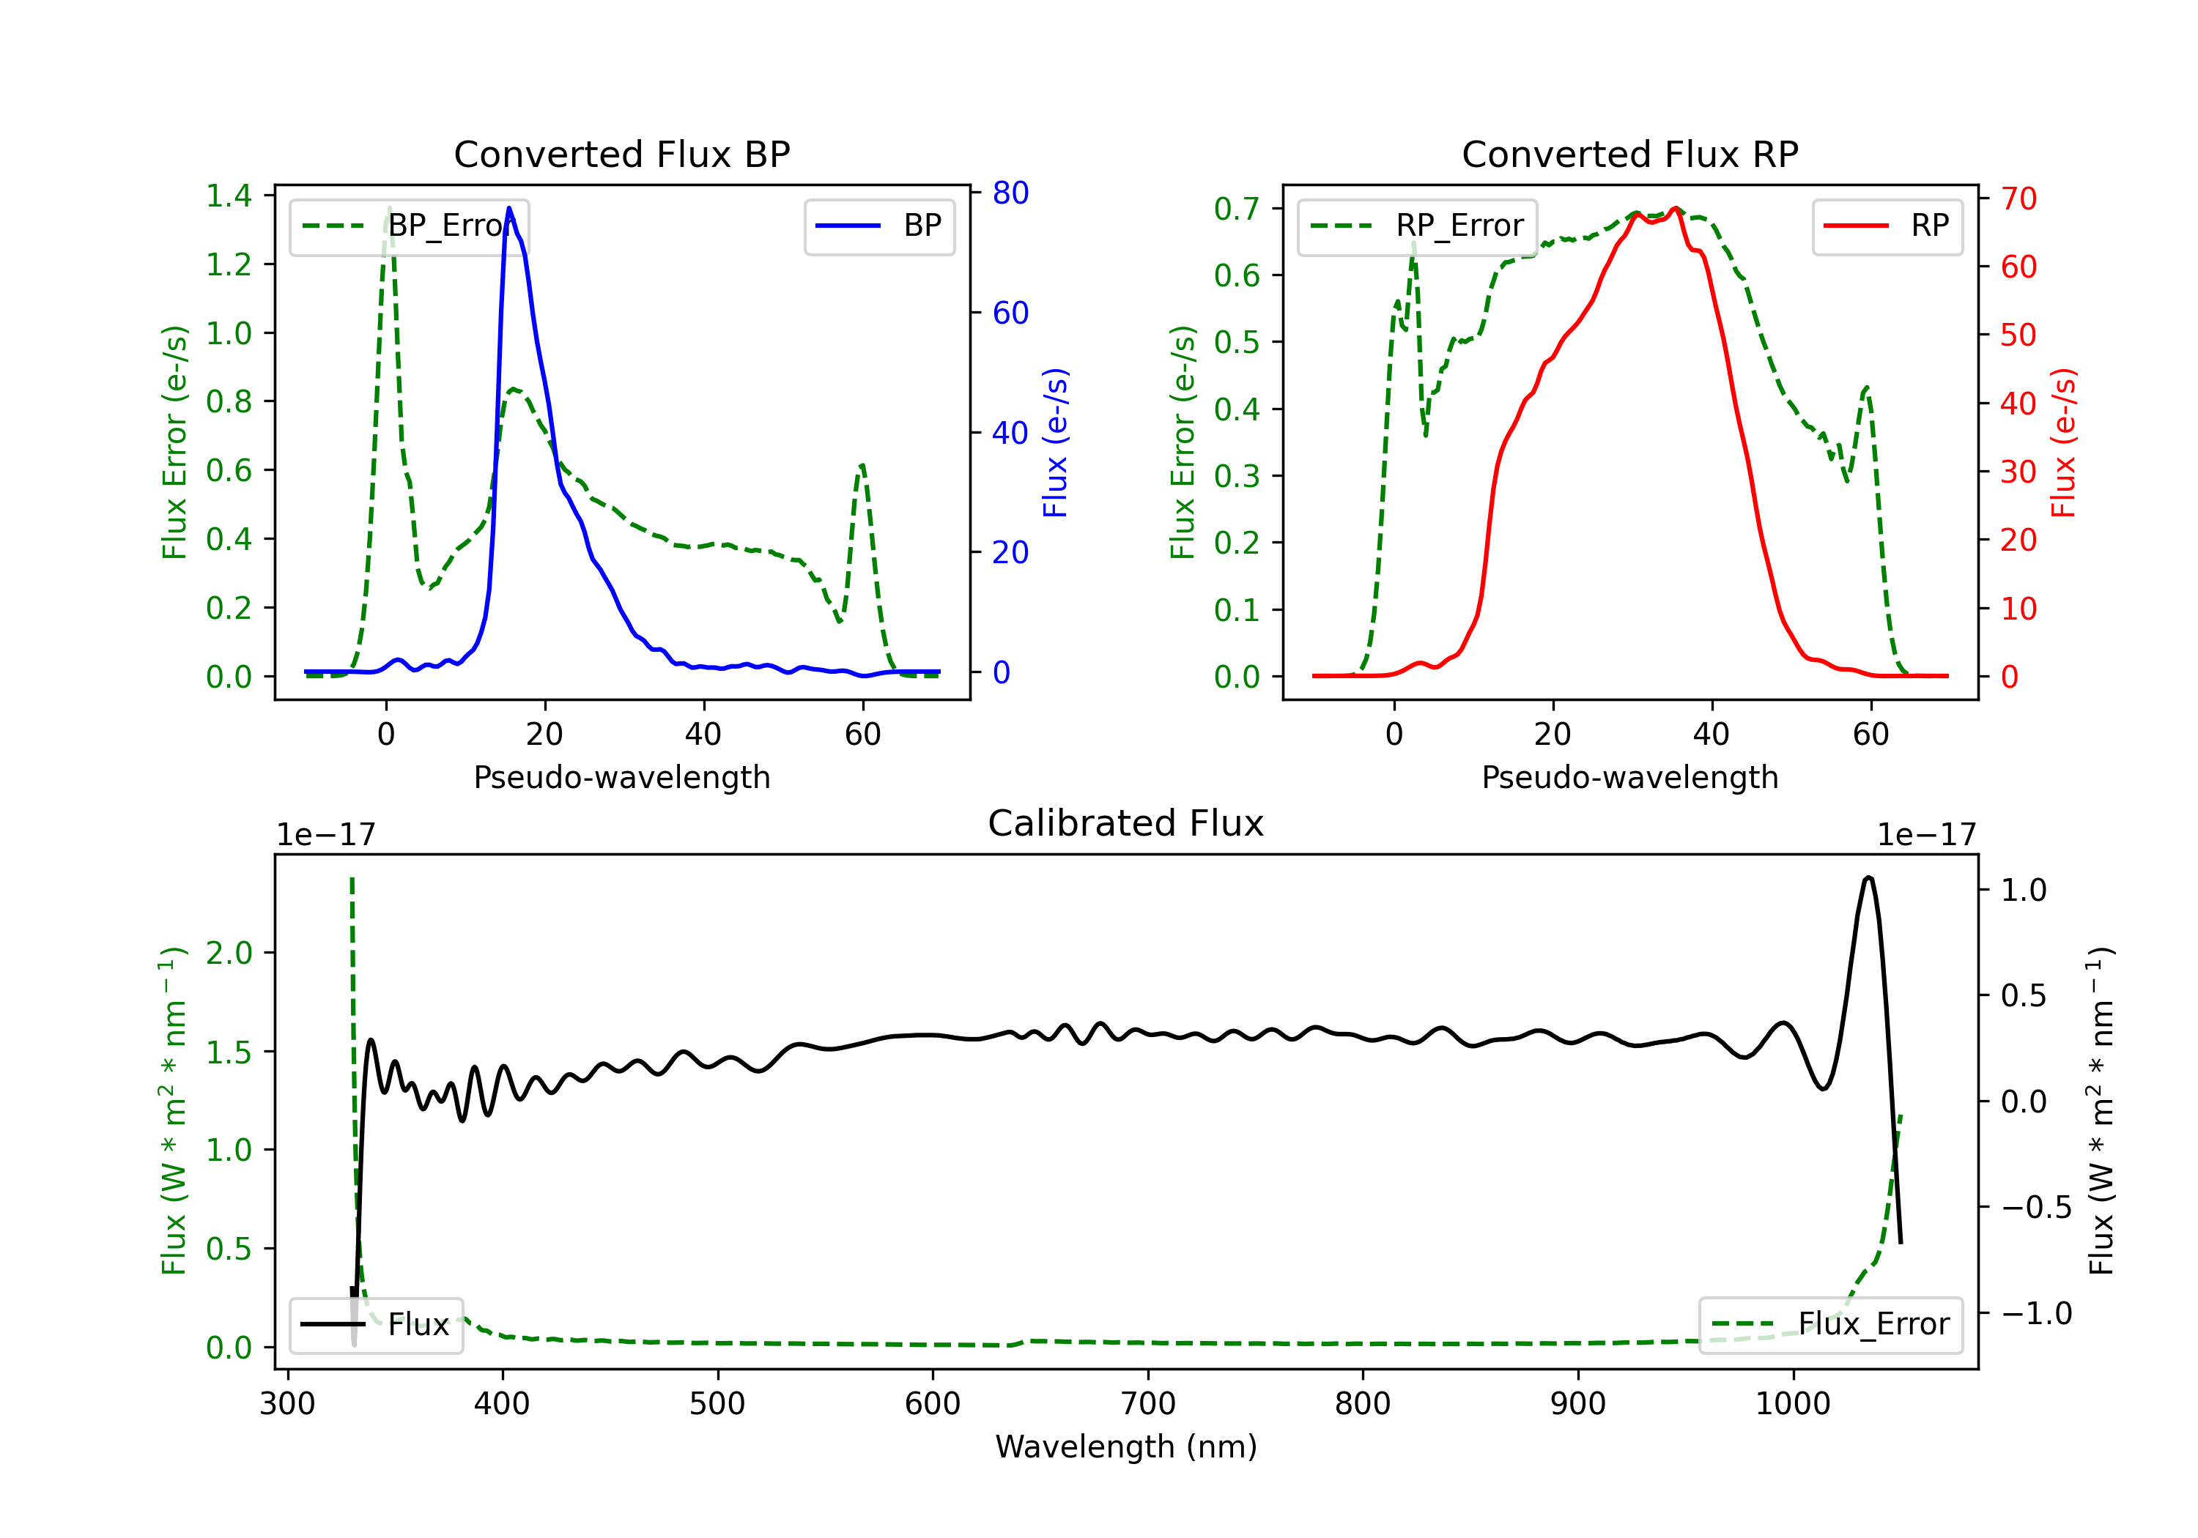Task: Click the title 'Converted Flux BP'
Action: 621,154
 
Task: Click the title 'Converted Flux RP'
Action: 1629,154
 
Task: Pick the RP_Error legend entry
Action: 1417,226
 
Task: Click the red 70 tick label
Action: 2018,199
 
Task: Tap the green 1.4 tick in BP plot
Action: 229,196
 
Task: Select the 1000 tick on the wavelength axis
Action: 1792,1404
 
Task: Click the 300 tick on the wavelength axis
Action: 287,1404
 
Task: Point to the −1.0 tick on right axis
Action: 2036,1313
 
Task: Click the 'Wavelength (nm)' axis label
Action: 1126,1446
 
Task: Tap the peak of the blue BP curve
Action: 509,208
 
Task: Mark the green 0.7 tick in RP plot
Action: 1237,209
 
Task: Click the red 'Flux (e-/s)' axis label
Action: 2063,442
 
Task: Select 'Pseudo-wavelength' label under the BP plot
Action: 621,777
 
